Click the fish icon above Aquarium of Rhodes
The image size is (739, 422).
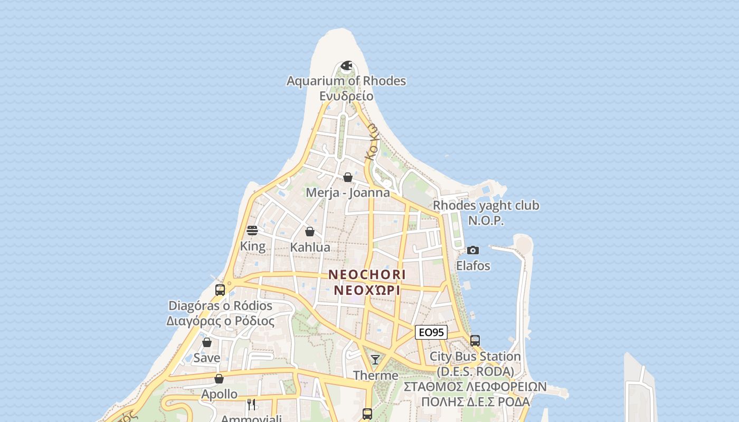(x=346, y=66)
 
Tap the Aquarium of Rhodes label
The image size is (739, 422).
(x=346, y=81)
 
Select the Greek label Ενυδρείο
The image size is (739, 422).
(x=346, y=96)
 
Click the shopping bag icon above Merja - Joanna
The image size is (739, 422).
(x=348, y=177)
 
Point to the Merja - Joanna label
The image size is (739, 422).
(x=348, y=193)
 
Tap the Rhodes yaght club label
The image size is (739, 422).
(x=486, y=205)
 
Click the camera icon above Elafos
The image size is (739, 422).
(x=473, y=250)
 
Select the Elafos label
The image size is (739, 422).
(x=473, y=265)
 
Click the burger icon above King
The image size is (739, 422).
(x=252, y=231)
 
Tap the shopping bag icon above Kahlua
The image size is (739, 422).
(x=310, y=232)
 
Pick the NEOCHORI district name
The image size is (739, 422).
(x=367, y=275)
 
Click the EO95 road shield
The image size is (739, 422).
(x=431, y=332)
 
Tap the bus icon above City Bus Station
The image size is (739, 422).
(x=475, y=341)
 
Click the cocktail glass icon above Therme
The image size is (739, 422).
(x=375, y=360)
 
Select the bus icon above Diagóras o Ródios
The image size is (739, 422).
(x=220, y=290)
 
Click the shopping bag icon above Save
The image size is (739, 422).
(x=207, y=342)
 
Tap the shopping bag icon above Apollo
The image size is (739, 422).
(x=219, y=379)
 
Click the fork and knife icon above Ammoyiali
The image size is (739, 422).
(x=251, y=405)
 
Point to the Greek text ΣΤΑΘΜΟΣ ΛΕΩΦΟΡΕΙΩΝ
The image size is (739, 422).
(x=475, y=387)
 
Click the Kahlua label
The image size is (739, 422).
(x=310, y=247)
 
